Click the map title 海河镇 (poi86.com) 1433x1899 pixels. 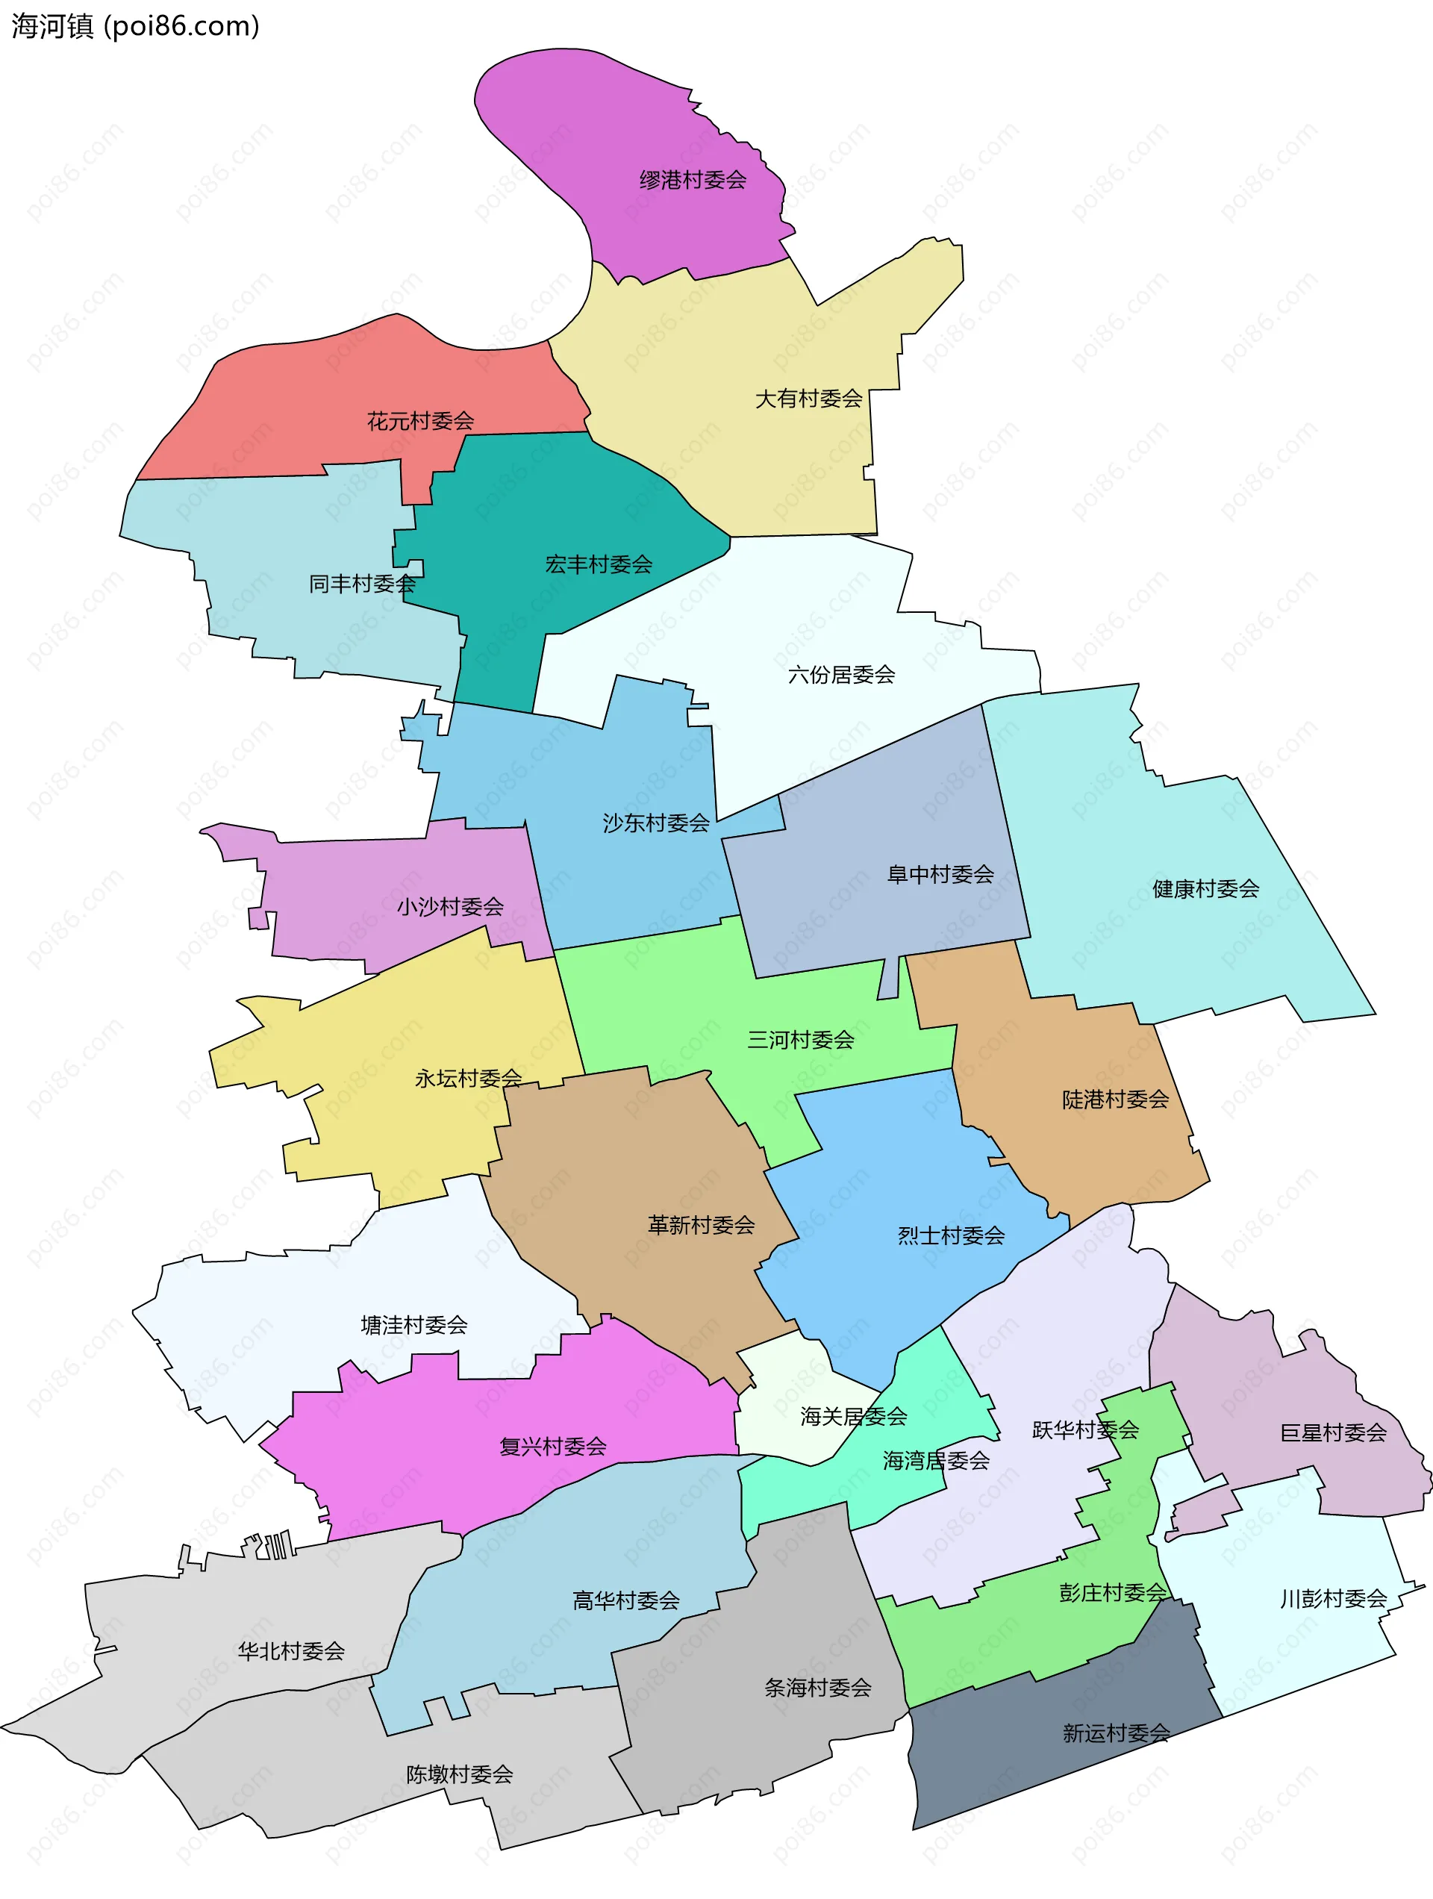135,27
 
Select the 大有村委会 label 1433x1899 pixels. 808,399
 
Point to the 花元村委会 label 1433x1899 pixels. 420,422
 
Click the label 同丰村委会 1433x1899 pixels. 361,584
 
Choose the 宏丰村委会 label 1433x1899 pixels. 599,565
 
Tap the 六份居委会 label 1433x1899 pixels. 840,676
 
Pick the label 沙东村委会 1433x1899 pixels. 656,824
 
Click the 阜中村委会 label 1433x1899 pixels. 940,875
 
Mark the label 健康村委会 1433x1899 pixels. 1205,889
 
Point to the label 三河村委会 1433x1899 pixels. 800,1041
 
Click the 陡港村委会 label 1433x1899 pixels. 1114,1100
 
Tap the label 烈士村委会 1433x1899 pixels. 950,1236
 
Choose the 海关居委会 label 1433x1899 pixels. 853,1417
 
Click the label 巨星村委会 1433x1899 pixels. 1332,1433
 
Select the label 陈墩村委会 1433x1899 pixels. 459,1774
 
